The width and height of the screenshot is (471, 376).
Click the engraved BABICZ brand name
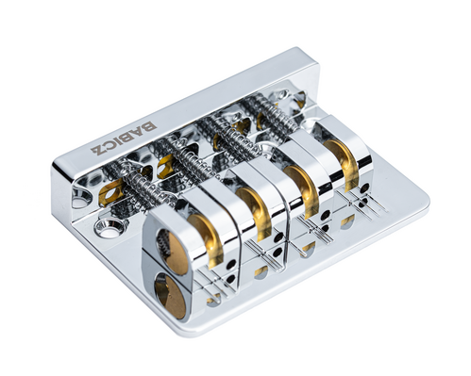click(x=125, y=138)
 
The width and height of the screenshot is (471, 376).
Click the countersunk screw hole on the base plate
click(x=108, y=227)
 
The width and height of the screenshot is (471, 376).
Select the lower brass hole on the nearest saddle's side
click(x=170, y=294)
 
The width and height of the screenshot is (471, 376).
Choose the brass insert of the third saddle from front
click(x=303, y=188)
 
